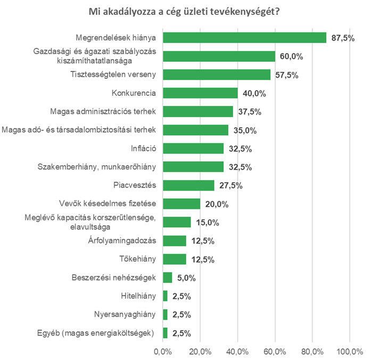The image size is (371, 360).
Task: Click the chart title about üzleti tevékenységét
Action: click(x=185, y=11)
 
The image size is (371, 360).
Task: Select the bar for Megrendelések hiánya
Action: click(x=244, y=37)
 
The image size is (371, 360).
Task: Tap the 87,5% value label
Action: click(x=343, y=37)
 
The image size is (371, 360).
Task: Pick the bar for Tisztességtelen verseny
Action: click(x=216, y=75)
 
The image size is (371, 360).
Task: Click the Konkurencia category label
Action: click(x=134, y=93)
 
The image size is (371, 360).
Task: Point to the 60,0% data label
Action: click(x=292, y=56)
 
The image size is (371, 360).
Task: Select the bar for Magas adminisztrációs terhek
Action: click(x=197, y=111)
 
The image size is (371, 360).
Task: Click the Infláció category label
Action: click(x=143, y=149)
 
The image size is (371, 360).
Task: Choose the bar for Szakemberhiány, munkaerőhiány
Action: click(x=193, y=167)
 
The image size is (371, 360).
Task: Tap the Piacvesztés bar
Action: click(x=188, y=185)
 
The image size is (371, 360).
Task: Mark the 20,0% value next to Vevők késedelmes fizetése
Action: click(x=217, y=204)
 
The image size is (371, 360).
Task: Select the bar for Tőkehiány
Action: click(x=174, y=259)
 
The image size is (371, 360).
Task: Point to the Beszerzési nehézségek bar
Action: click(x=167, y=277)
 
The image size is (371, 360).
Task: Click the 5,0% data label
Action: click(x=186, y=277)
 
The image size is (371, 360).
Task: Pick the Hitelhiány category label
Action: click(x=138, y=296)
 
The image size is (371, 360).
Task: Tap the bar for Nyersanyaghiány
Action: click(x=165, y=315)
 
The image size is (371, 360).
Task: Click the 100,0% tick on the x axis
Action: click(x=349, y=351)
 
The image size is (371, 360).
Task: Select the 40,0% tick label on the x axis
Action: click(x=237, y=351)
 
